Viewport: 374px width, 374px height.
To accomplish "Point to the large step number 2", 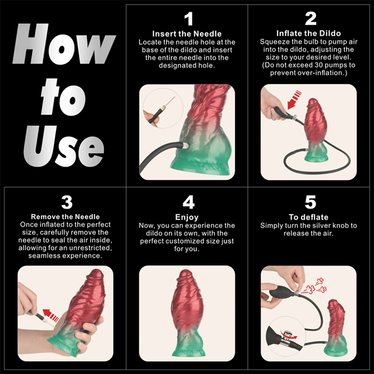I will click(x=311, y=19).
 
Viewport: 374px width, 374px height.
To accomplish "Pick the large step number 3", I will click(x=66, y=202).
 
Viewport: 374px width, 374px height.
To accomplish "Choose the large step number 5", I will click(x=311, y=202).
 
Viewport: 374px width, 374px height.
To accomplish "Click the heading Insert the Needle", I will click(x=188, y=34).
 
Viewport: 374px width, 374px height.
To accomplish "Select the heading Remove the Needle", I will click(x=66, y=217).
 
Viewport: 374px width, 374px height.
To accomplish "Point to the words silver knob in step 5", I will click(x=331, y=226).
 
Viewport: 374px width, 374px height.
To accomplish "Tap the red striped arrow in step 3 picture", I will click(x=51, y=317).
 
